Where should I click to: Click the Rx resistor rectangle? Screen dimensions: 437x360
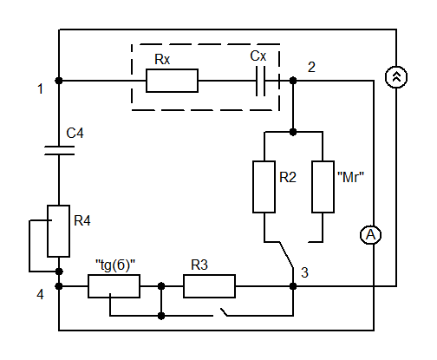click(x=172, y=81)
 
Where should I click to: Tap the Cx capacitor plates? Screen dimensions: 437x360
click(x=260, y=81)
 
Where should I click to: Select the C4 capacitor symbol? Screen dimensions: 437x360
click(x=59, y=150)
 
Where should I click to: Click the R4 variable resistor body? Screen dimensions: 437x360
click(x=58, y=231)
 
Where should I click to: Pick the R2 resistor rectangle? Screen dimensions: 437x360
click(x=264, y=187)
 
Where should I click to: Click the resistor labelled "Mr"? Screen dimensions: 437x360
click(x=323, y=187)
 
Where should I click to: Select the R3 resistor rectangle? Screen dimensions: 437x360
click(x=209, y=286)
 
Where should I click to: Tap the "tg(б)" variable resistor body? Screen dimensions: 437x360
click(x=114, y=286)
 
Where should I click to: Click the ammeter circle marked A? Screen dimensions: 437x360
click(x=370, y=235)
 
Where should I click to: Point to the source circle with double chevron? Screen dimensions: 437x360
click(x=396, y=77)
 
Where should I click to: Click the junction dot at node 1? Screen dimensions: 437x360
click(x=59, y=81)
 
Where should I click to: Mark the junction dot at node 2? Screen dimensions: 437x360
click(x=293, y=81)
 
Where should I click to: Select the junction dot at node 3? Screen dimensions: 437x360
click(x=293, y=286)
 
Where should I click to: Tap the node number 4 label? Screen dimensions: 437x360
click(x=40, y=295)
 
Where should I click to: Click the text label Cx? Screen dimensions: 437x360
click(x=258, y=56)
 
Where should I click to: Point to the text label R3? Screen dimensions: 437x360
click(x=199, y=265)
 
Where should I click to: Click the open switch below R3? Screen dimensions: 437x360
click(x=224, y=312)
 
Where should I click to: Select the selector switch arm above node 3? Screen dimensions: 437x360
click(x=286, y=254)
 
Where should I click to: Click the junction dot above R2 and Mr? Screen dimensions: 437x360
click(x=293, y=132)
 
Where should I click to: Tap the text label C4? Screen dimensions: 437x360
click(x=75, y=134)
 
